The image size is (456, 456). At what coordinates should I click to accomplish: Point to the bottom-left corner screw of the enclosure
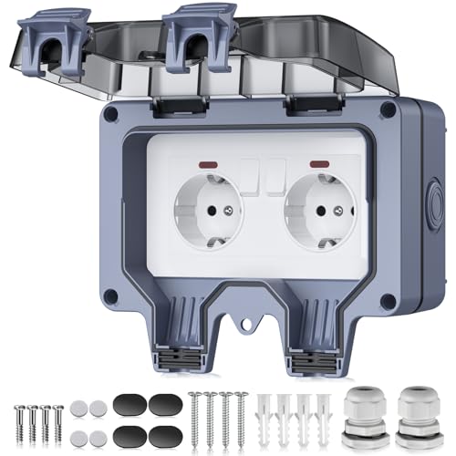click(x=109, y=296)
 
